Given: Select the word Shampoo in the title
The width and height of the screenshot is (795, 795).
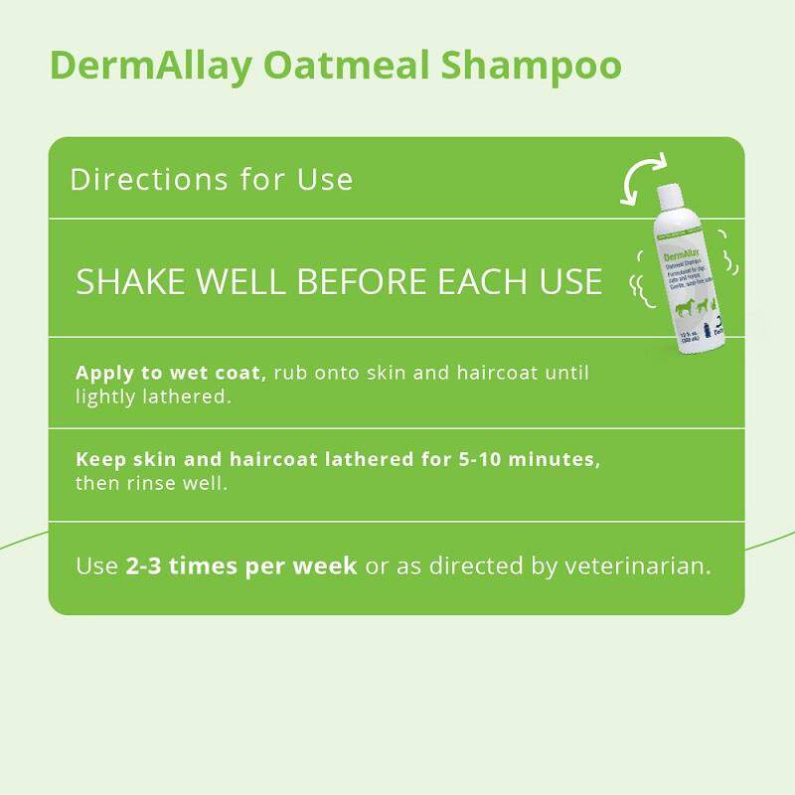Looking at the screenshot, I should click(x=532, y=67).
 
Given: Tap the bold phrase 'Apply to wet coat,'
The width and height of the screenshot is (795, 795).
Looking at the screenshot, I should click(x=171, y=374).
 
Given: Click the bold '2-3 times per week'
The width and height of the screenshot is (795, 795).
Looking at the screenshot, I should click(x=241, y=566).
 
